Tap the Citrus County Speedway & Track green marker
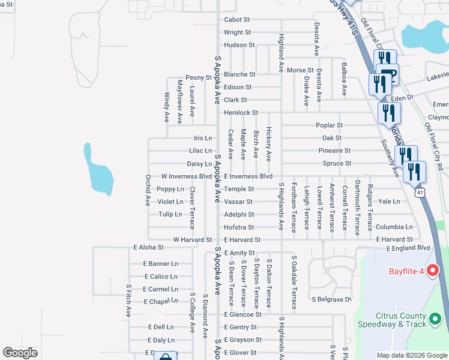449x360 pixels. point(436,321)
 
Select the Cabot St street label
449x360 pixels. point(237,20)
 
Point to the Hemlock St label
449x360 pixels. point(241,113)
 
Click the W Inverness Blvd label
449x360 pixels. point(186,176)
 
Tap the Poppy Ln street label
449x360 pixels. point(170,189)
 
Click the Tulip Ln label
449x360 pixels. point(170,214)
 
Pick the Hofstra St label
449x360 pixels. point(239,227)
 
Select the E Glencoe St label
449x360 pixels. point(243,314)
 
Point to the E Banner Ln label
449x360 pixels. point(160,263)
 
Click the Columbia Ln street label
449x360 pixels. point(394,227)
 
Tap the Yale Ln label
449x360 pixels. point(389,202)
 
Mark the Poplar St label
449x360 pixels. point(329,125)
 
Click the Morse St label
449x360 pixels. point(300,70)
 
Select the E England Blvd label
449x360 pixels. point(408,248)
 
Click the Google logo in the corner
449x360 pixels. point(20,353)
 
